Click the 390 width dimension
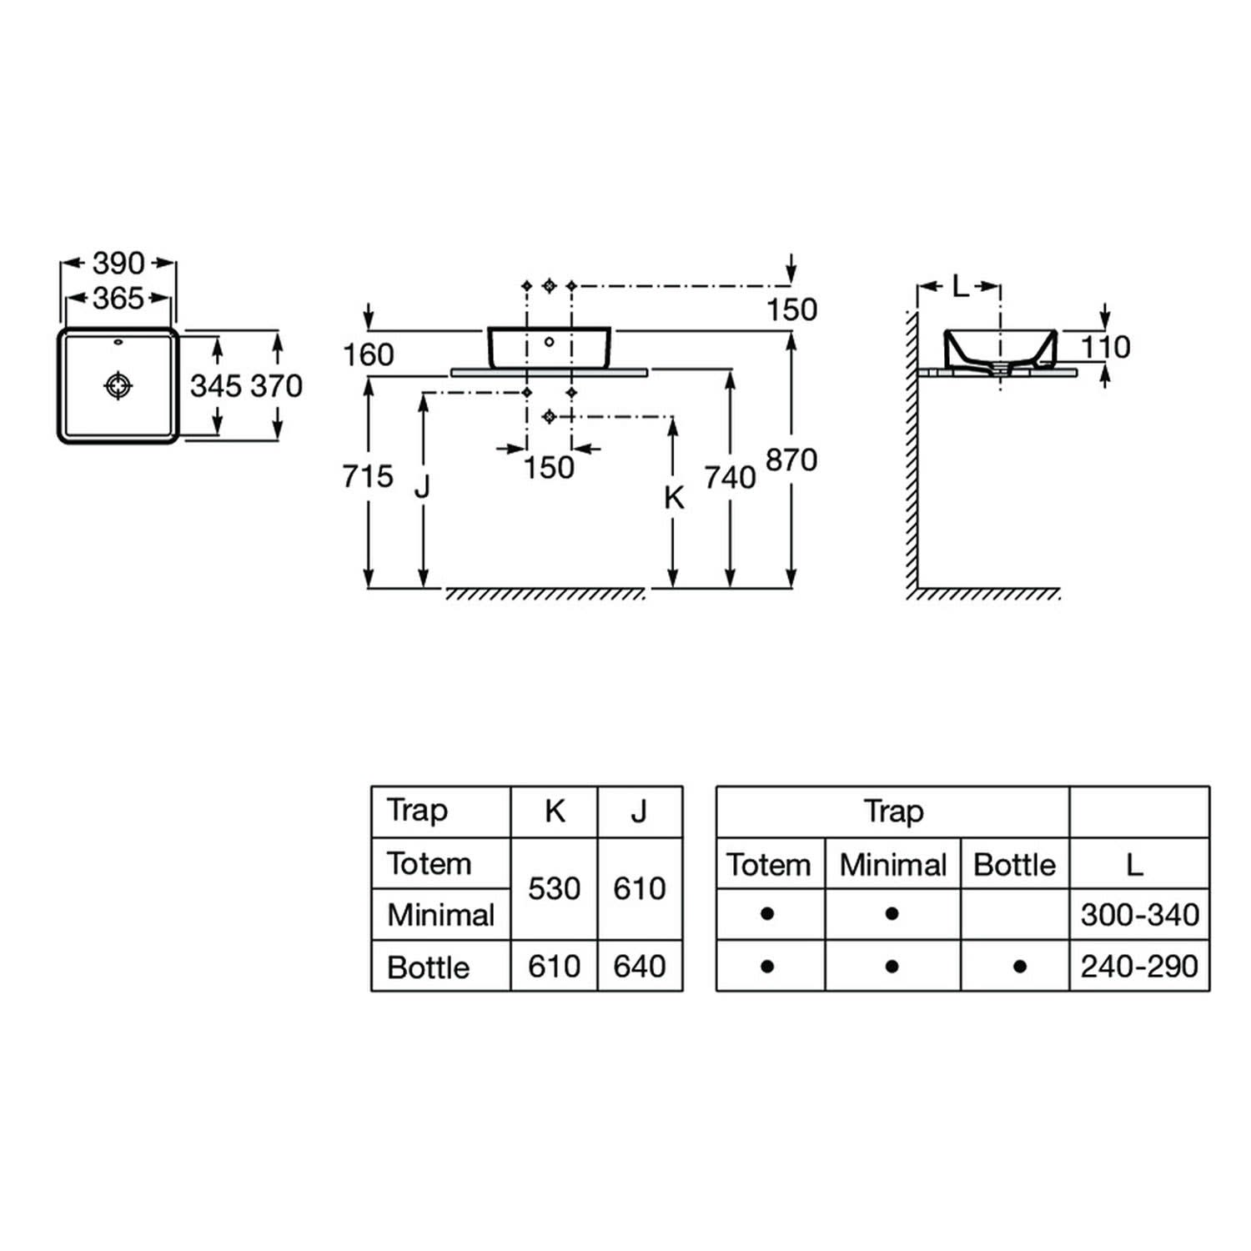point(118,264)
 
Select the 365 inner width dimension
point(118,298)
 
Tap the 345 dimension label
point(216,386)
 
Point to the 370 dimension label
point(277,386)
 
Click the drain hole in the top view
point(118,385)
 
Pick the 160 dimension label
point(369,355)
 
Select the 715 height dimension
point(368,476)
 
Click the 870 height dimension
point(791,460)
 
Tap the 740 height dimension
point(730,478)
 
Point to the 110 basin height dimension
point(1106,347)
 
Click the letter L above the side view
point(961,288)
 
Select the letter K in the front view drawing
point(674,498)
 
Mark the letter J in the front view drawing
point(422,486)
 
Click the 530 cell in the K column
point(555,889)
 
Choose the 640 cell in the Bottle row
point(640,967)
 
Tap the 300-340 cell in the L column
point(1140,915)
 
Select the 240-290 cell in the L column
point(1140,967)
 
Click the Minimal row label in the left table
point(441,915)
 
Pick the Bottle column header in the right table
point(1015,865)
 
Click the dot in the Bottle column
point(1019,967)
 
